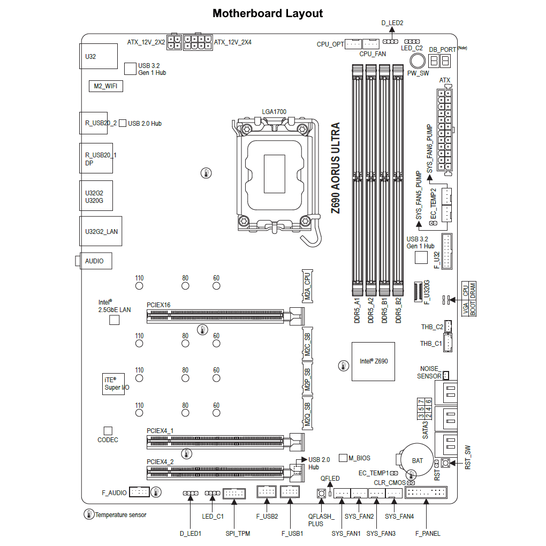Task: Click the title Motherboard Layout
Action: click(268, 13)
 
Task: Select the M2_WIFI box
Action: click(105, 86)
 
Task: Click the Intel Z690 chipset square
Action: click(373, 361)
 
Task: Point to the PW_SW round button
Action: click(418, 60)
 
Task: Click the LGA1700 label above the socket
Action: click(274, 112)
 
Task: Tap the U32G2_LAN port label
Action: click(101, 232)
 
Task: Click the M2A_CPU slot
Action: click(307, 286)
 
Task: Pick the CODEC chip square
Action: click(108, 430)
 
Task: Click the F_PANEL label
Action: click(428, 533)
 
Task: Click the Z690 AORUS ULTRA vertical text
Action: click(336, 169)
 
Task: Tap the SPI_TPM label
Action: click(238, 533)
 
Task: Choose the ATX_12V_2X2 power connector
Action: click(173, 42)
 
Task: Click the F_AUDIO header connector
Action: click(139, 492)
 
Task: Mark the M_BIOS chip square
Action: click(343, 458)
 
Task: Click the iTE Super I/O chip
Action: click(113, 384)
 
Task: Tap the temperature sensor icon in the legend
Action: click(88, 515)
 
